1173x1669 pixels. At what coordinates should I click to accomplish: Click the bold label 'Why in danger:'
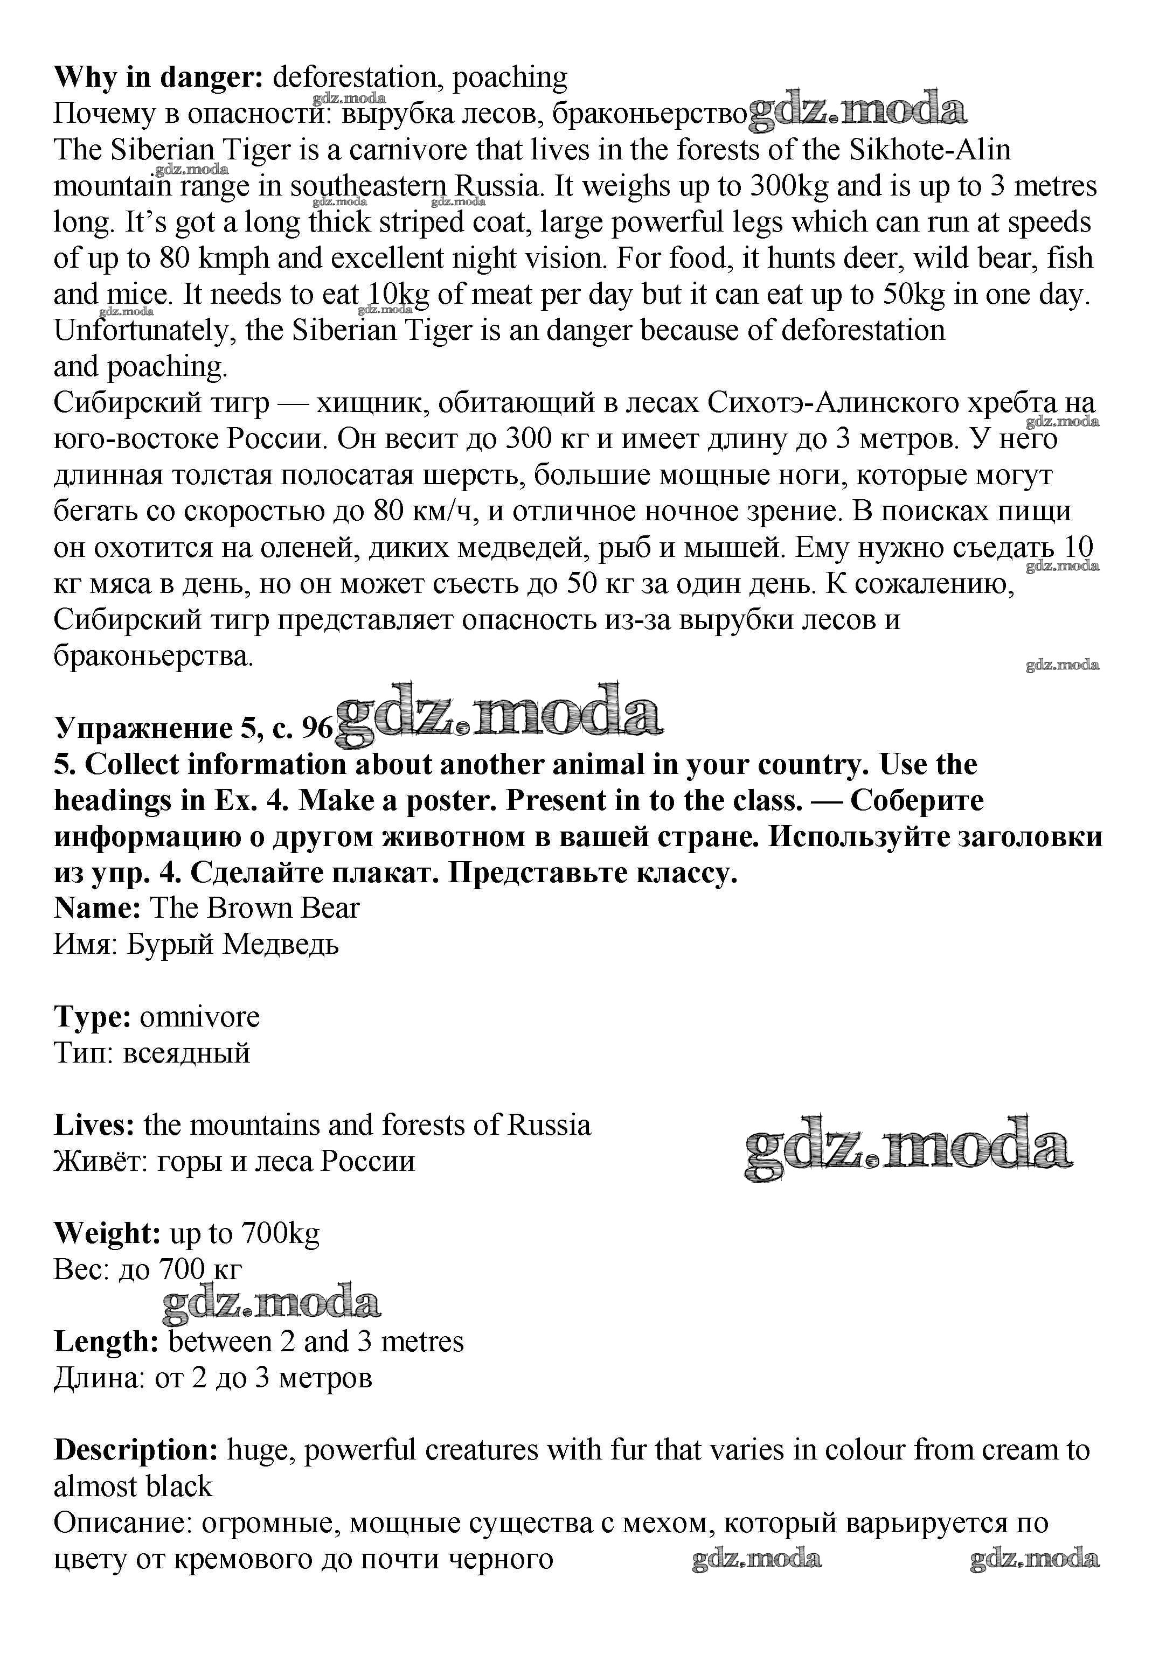click(158, 77)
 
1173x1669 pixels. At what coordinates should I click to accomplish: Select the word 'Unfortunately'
click(145, 331)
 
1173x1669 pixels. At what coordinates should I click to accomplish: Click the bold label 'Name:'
click(98, 909)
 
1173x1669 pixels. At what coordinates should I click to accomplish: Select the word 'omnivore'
click(199, 1017)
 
